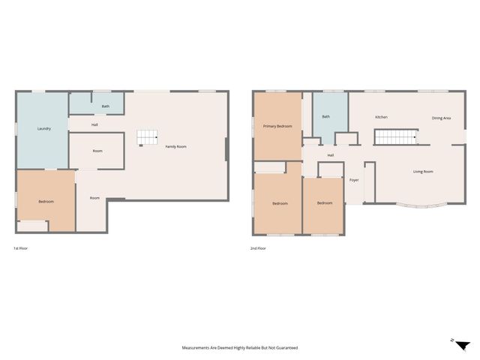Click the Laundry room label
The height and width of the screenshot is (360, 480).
[44, 128]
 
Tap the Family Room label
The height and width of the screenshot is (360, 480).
[175, 147]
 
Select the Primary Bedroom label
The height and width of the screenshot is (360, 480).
[277, 126]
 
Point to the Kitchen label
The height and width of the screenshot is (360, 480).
[382, 117]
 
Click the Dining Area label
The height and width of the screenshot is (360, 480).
[441, 118]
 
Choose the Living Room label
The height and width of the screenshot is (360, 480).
[423, 172]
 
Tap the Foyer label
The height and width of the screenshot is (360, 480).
[354, 180]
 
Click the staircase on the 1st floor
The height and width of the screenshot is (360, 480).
[147, 137]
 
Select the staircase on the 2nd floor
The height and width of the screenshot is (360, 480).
[395, 136]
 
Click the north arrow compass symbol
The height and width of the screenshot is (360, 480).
[462, 345]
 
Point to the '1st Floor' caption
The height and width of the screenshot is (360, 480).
[20, 248]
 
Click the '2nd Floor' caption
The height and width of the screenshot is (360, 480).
[258, 248]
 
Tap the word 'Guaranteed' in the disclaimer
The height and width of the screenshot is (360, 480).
[287, 348]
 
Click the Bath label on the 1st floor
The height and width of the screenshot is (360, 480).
[106, 106]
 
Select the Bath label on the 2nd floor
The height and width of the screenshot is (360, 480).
[326, 117]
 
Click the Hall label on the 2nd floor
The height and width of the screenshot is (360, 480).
[331, 155]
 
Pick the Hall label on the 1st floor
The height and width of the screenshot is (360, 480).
[94, 125]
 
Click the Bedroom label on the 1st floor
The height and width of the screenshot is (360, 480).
[46, 202]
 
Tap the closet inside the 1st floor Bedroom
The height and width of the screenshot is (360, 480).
[32, 226]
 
